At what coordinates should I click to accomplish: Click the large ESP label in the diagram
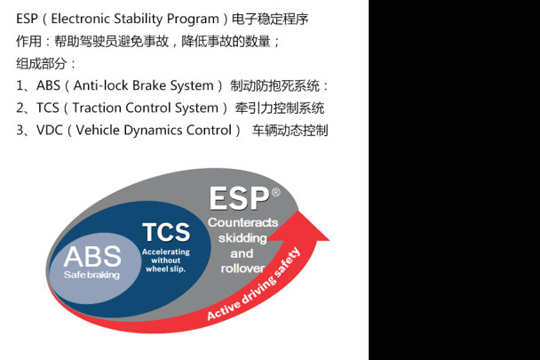pyautogui.click(x=240, y=198)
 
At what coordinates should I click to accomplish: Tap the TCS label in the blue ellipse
pyautogui.click(x=166, y=232)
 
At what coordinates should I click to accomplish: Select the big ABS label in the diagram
pyautogui.click(x=92, y=257)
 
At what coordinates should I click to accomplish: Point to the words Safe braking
pyautogui.click(x=91, y=275)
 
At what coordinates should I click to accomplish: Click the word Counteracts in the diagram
pyautogui.click(x=242, y=222)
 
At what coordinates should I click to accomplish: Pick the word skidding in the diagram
pyautogui.click(x=242, y=238)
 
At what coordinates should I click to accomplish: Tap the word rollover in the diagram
pyautogui.click(x=242, y=268)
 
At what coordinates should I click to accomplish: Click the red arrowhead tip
pyautogui.click(x=330, y=240)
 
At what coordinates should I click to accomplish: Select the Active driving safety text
pyautogui.click(x=254, y=284)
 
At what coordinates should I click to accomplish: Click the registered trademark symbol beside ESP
pyautogui.click(x=276, y=192)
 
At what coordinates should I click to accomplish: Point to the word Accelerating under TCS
pyautogui.click(x=166, y=252)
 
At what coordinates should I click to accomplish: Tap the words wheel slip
pyautogui.click(x=166, y=269)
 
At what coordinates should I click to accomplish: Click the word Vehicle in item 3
pyautogui.click(x=98, y=131)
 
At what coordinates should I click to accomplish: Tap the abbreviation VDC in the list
pyautogui.click(x=50, y=131)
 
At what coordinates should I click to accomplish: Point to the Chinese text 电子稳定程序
pyautogui.click(x=270, y=19)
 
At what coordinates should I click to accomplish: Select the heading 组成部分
pyautogui.click(x=42, y=63)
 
